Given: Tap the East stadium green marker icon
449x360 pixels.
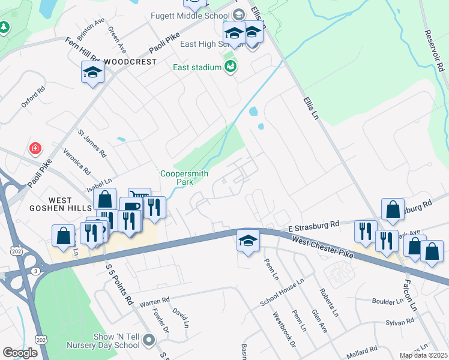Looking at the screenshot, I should pyautogui.click(x=230, y=67).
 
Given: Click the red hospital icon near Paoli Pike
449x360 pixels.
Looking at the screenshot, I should pyautogui.click(x=35, y=148).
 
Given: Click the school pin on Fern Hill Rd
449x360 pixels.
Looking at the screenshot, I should pyautogui.click(x=92, y=73).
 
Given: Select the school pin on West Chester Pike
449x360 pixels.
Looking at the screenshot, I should pyautogui.click(x=248, y=241).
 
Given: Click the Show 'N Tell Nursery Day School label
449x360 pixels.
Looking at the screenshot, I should pyautogui.click(x=108, y=341).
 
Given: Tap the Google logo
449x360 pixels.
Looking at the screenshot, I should pyautogui.click(x=20, y=353).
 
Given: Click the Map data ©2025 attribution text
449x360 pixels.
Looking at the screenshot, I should pyautogui.click(x=423, y=355).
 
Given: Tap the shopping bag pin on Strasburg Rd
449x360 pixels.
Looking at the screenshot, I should pyautogui.click(x=393, y=209).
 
